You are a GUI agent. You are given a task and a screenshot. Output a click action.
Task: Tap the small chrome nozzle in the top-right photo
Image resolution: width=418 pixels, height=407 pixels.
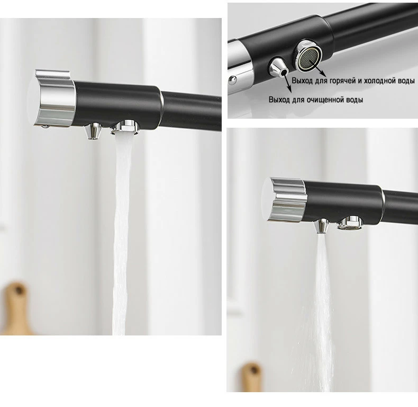pyautogui.click(x=278, y=67)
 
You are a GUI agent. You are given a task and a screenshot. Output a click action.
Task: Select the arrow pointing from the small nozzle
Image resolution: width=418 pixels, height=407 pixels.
pyautogui.click(x=288, y=81)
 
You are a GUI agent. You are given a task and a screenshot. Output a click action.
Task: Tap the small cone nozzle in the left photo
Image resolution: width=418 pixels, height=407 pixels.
pyautogui.click(x=93, y=130)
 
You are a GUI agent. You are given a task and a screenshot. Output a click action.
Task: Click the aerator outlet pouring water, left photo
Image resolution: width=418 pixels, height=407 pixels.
pyautogui.click(x=125, y=127)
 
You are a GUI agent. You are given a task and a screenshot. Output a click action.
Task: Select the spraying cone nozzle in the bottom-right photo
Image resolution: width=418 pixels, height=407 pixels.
pyautogui.click(x=321, y=225)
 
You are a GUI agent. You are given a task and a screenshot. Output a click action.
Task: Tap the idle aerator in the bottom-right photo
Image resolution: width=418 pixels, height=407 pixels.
pyautogui.click(x=350, y=223)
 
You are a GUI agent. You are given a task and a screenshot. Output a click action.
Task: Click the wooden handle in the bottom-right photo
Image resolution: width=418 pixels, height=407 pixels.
pyautogui.click(x=252, y=377)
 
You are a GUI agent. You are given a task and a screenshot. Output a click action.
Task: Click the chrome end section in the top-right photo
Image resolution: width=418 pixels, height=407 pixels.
pyautogui.click(x=239, y=66)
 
